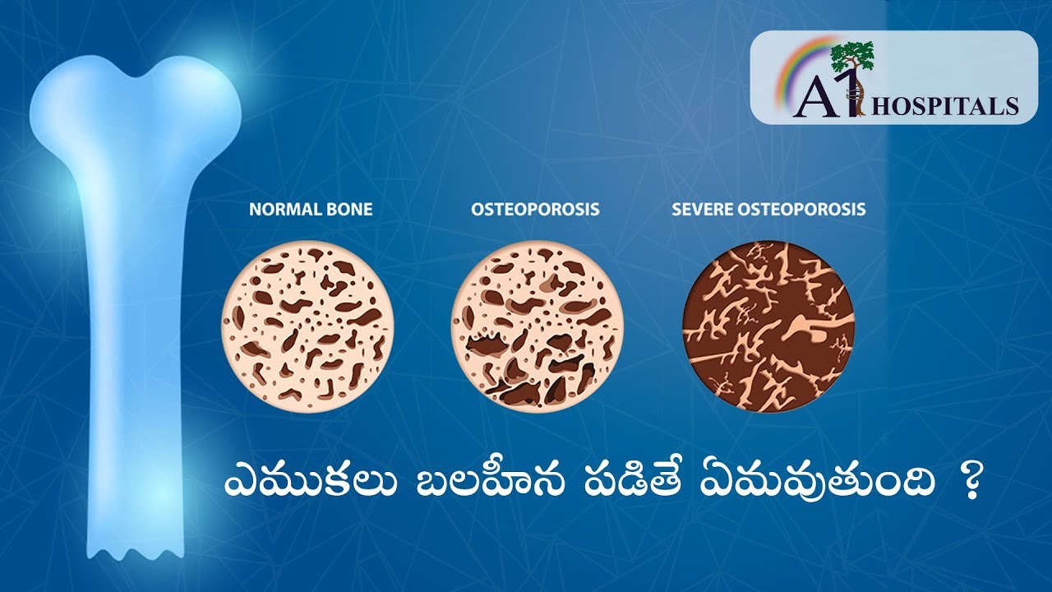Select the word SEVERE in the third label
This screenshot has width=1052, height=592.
click(702, 209)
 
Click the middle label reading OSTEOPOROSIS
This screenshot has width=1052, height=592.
click(535, 209)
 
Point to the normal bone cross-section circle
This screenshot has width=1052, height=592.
click(307, 326)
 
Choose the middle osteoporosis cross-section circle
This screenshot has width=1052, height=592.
click(538, 326)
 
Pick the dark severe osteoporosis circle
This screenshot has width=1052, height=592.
click(768, 326)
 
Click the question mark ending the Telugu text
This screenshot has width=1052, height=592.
click(968, 485)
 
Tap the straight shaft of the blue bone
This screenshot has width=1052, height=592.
click(136, 353)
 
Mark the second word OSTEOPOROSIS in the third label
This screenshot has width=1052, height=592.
click(801, 209)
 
